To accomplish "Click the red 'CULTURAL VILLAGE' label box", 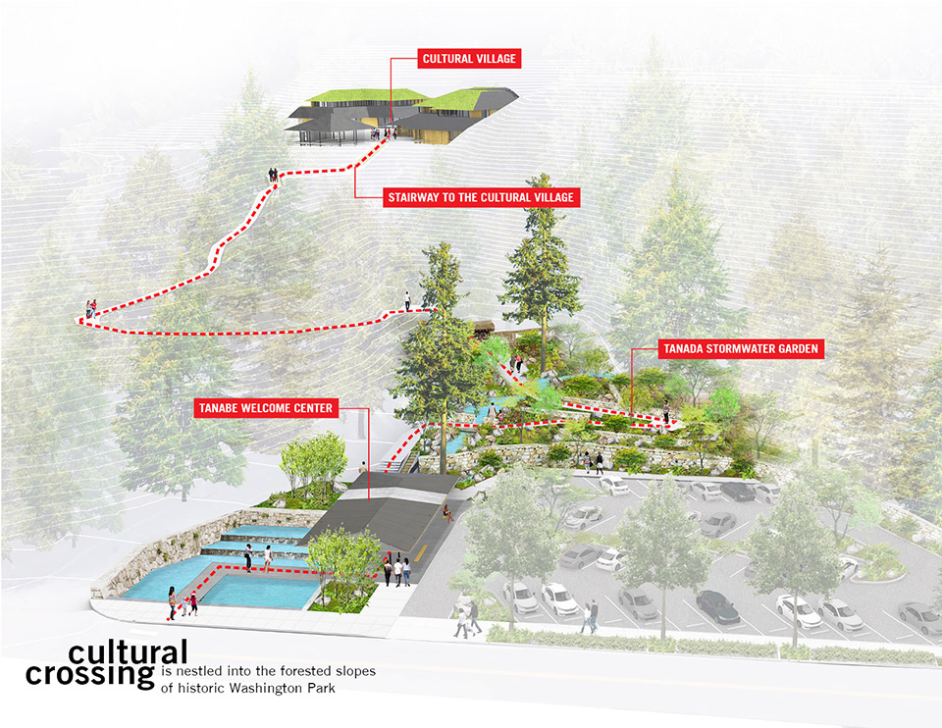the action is click(x=469, y=59).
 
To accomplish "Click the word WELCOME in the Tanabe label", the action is click(x=266, y=408).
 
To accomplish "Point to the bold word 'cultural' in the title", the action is click(x=128, y=652).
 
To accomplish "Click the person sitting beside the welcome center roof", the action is click(x=446, y=512).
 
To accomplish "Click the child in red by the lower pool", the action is click(x=193, y=603).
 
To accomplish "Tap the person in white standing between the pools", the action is click(x=267, y=557).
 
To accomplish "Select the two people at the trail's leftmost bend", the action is click(x=91, y=309).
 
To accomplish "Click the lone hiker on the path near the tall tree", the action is click(x=407, y=301).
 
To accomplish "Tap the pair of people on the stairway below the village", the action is click(x=274, y=175).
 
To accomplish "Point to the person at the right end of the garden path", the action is click(x=665, y=413).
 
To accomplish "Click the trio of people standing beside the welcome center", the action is click(x=396, y=571).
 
